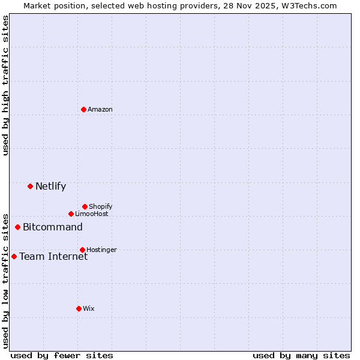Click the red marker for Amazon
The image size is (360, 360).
84,109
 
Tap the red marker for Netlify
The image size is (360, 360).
30,186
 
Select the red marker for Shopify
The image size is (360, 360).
85,206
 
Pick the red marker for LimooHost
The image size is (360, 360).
71,214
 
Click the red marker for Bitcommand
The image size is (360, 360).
18,227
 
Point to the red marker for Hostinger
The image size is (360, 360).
82,250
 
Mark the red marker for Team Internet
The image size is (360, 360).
14,256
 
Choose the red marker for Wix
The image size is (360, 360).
79,308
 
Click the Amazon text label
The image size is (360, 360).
100,109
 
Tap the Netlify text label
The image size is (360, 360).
50,186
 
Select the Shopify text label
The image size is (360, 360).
101,206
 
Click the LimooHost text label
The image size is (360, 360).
92,214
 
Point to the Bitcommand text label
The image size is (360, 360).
53,227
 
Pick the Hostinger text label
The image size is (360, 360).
101,250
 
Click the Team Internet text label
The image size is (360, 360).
53,256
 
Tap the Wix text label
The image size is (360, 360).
89,308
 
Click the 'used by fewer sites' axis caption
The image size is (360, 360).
62,355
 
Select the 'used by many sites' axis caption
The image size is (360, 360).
301,355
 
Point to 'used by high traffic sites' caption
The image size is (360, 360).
5,85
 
